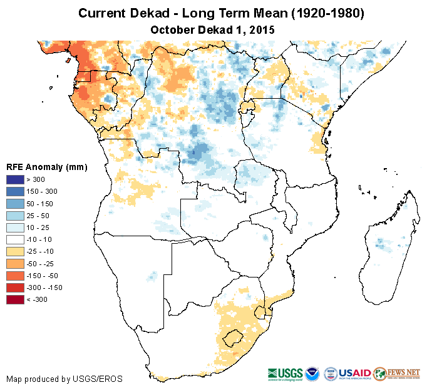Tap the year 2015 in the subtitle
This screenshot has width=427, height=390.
click(x=262, y=29)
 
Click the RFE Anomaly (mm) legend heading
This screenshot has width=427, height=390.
click(x=46, y=167)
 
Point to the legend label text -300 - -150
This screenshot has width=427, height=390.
click(x=48, y=287)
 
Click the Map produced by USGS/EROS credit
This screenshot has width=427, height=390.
click(x=64, y=379)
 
